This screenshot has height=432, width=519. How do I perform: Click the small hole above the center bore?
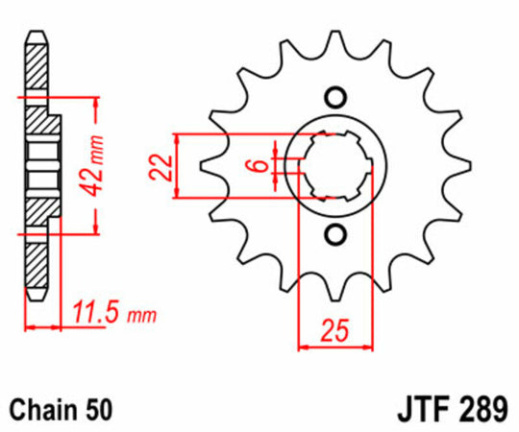334,96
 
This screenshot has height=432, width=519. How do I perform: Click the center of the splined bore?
334,165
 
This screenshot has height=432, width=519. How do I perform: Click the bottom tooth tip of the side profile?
36,298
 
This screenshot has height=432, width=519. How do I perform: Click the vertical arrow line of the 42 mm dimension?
95,165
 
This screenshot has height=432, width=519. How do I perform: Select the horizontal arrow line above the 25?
334,347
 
